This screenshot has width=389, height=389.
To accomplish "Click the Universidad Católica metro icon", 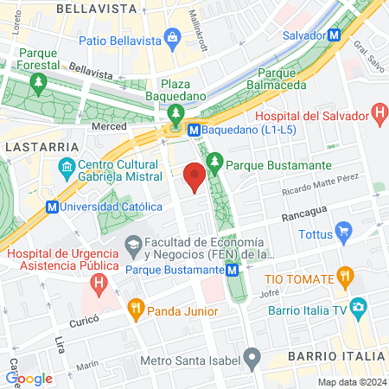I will point(54,207).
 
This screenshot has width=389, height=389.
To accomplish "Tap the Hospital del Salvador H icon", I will point(378,112).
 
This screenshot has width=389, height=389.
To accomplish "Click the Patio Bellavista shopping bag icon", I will point(173,39).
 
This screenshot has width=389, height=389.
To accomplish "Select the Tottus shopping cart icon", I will point(345,230).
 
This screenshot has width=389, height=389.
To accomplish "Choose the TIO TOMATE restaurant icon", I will point(345,277).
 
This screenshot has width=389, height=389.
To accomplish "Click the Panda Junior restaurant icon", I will point(135,307).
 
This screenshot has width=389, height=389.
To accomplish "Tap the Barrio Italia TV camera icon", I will point(358,306).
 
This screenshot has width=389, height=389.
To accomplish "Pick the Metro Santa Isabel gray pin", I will point(252,356).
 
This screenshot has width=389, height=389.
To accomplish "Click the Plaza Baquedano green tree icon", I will point(176,113).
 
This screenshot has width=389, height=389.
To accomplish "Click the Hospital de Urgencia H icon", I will point(100,282).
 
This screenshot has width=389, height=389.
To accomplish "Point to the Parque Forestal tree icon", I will point(37,83).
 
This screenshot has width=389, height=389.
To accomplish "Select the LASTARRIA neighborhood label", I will point(31,148).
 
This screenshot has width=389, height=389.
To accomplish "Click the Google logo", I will point(29,378).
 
